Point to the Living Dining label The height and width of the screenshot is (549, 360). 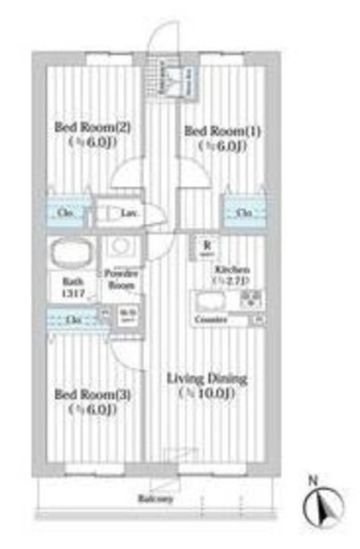pos(207,378)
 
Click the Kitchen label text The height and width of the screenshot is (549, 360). pos(231,268)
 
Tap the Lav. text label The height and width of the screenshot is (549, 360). pos(130,214)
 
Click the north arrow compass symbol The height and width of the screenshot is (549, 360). pos(323,505)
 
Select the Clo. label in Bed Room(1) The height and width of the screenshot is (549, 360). pos(244,213)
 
